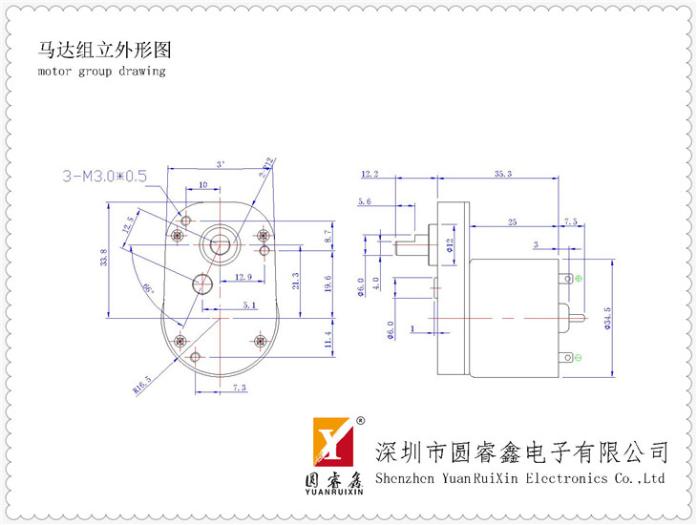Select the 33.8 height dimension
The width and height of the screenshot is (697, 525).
coord(103,258)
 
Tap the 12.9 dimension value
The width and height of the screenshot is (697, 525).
coord(243,277)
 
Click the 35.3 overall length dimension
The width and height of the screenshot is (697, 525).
coord(503,174)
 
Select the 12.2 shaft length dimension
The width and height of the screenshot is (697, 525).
coord(370,174)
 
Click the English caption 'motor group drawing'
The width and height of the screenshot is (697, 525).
coord(101,71)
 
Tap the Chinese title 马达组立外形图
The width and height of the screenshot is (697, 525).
coord(106,49)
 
